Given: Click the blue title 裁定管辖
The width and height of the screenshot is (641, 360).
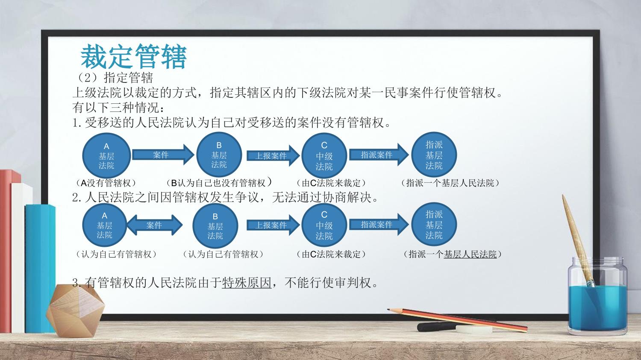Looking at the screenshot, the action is click(x=134, y=57).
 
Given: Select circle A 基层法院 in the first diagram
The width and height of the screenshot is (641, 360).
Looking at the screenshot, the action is click(x=106, y=155).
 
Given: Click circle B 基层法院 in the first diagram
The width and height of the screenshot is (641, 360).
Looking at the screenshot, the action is click(x=219, y=155).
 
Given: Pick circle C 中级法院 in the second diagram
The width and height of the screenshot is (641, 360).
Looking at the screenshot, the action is click(x=324, y=225).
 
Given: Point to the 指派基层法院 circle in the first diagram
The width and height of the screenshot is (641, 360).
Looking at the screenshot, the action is click(x=434, y=155).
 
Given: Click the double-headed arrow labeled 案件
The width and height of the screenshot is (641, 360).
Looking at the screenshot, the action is click(x=155, y=225).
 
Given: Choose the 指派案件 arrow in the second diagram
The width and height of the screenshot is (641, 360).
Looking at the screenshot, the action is click(x=379, y=225).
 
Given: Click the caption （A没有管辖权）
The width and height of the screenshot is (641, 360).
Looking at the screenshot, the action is click(x=106, y=183).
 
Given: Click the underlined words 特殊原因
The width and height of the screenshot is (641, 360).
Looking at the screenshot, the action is click(x=247, y=283).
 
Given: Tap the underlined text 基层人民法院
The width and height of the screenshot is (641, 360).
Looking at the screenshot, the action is click(x=470, y=254).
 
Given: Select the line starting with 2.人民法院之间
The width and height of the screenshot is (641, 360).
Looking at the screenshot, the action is click(x=226, y=197).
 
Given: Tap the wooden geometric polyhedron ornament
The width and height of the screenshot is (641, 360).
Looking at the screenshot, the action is click(x=75, y=310).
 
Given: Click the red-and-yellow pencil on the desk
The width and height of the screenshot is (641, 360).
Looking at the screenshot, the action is click(x=457, y=320).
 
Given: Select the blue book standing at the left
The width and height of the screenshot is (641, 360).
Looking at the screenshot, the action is click(x=40, y=269).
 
